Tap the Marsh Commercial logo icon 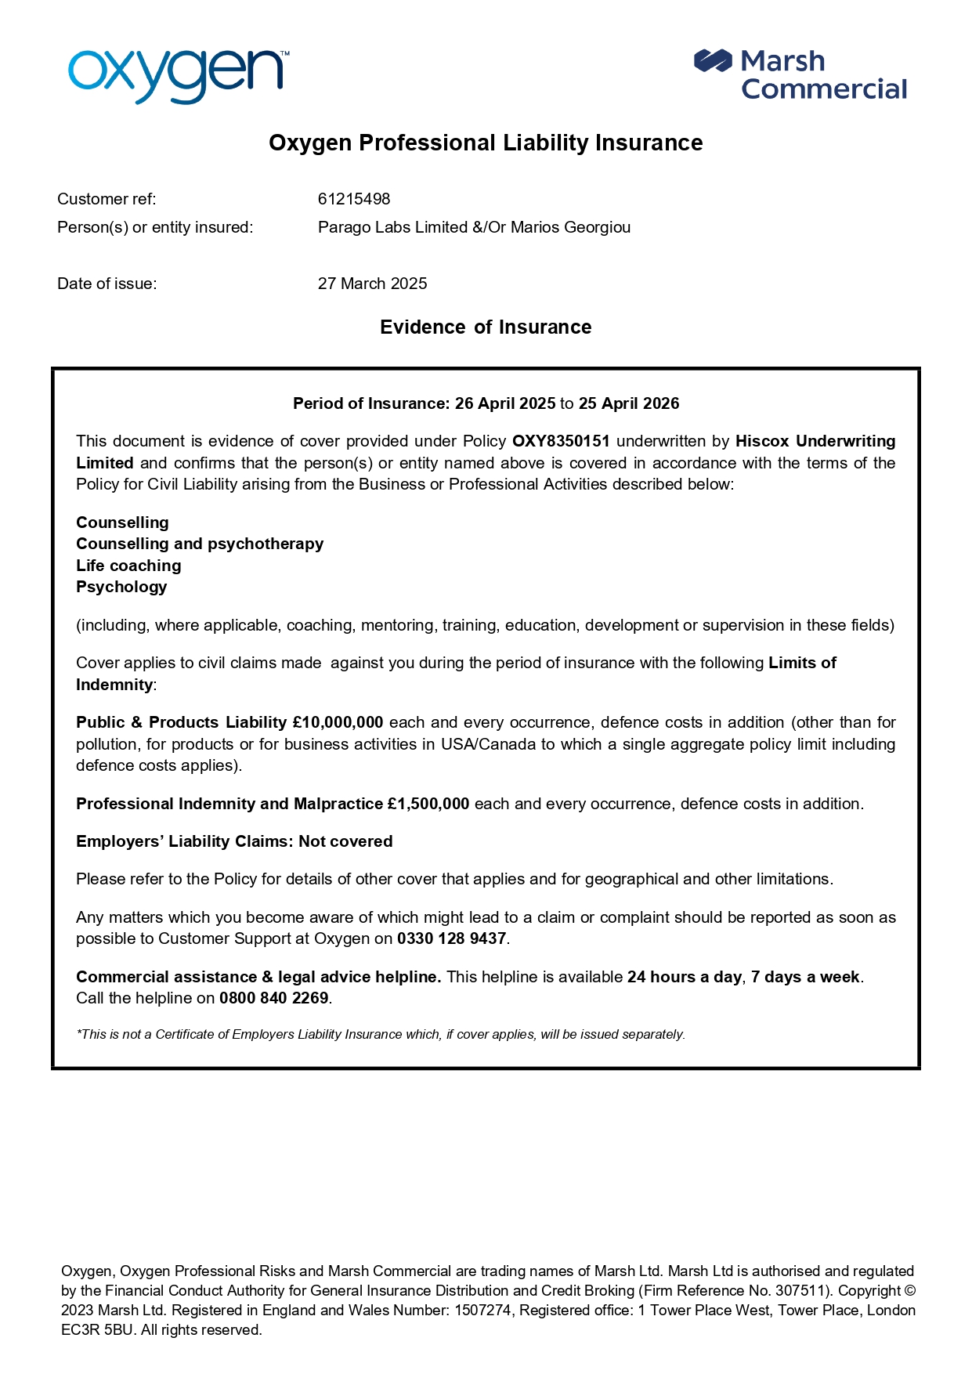[712, 61]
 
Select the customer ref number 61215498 [354, 199]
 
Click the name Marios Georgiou [570, 227]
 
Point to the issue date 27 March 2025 [372, 284]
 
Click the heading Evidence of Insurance [486, 327]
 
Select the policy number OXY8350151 [561, 441]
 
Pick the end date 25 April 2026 [629, 403]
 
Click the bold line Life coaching [128, 566]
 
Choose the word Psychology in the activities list [121, 587]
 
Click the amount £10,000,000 [338, 722]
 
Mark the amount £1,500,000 [428, 804]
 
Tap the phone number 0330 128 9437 [452, 938]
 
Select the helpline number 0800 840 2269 [273, 998]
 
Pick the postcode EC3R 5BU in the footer [97, 1329]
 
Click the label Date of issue [107, 284]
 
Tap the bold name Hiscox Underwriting [815, 441]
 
